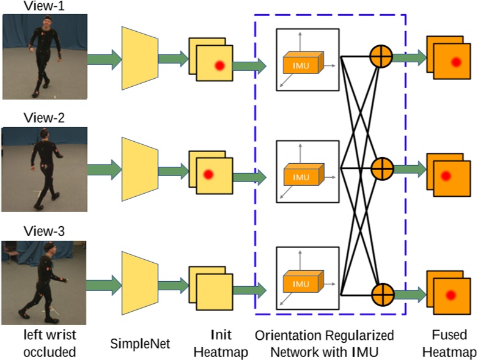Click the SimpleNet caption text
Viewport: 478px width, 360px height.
[x=139, y=343]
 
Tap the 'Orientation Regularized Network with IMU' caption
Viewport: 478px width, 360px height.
[x=324, y=343]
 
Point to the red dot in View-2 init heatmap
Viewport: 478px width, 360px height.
[x=208, y=175]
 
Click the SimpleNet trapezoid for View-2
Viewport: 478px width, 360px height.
[x=140, y=166]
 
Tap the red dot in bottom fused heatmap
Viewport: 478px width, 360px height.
[x=451, y=295]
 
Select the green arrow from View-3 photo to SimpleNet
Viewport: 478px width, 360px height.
[x=104, y=285]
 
